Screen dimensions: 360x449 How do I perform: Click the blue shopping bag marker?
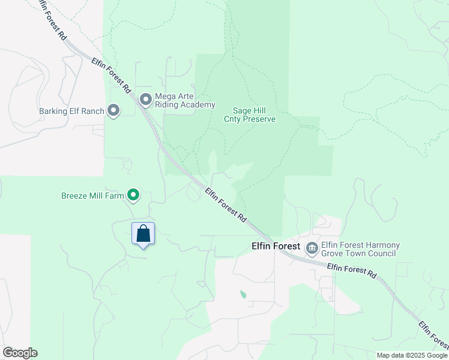coord(143,233)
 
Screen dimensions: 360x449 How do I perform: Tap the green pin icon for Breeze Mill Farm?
coord(134,195)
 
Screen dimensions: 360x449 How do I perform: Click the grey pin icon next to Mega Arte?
coord(145,99)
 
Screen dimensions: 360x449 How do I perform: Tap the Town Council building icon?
coord(312,248)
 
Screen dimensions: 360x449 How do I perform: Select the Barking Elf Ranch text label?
coord(71,111)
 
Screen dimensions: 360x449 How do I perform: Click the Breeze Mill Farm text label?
coord(92,196)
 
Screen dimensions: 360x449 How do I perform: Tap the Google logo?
coord(20,353)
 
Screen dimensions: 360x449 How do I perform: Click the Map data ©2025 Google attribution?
coord(412,355)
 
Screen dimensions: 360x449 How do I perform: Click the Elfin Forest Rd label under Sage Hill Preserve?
coord(226,206)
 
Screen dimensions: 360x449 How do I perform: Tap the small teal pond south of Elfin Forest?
coord(243,295)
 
